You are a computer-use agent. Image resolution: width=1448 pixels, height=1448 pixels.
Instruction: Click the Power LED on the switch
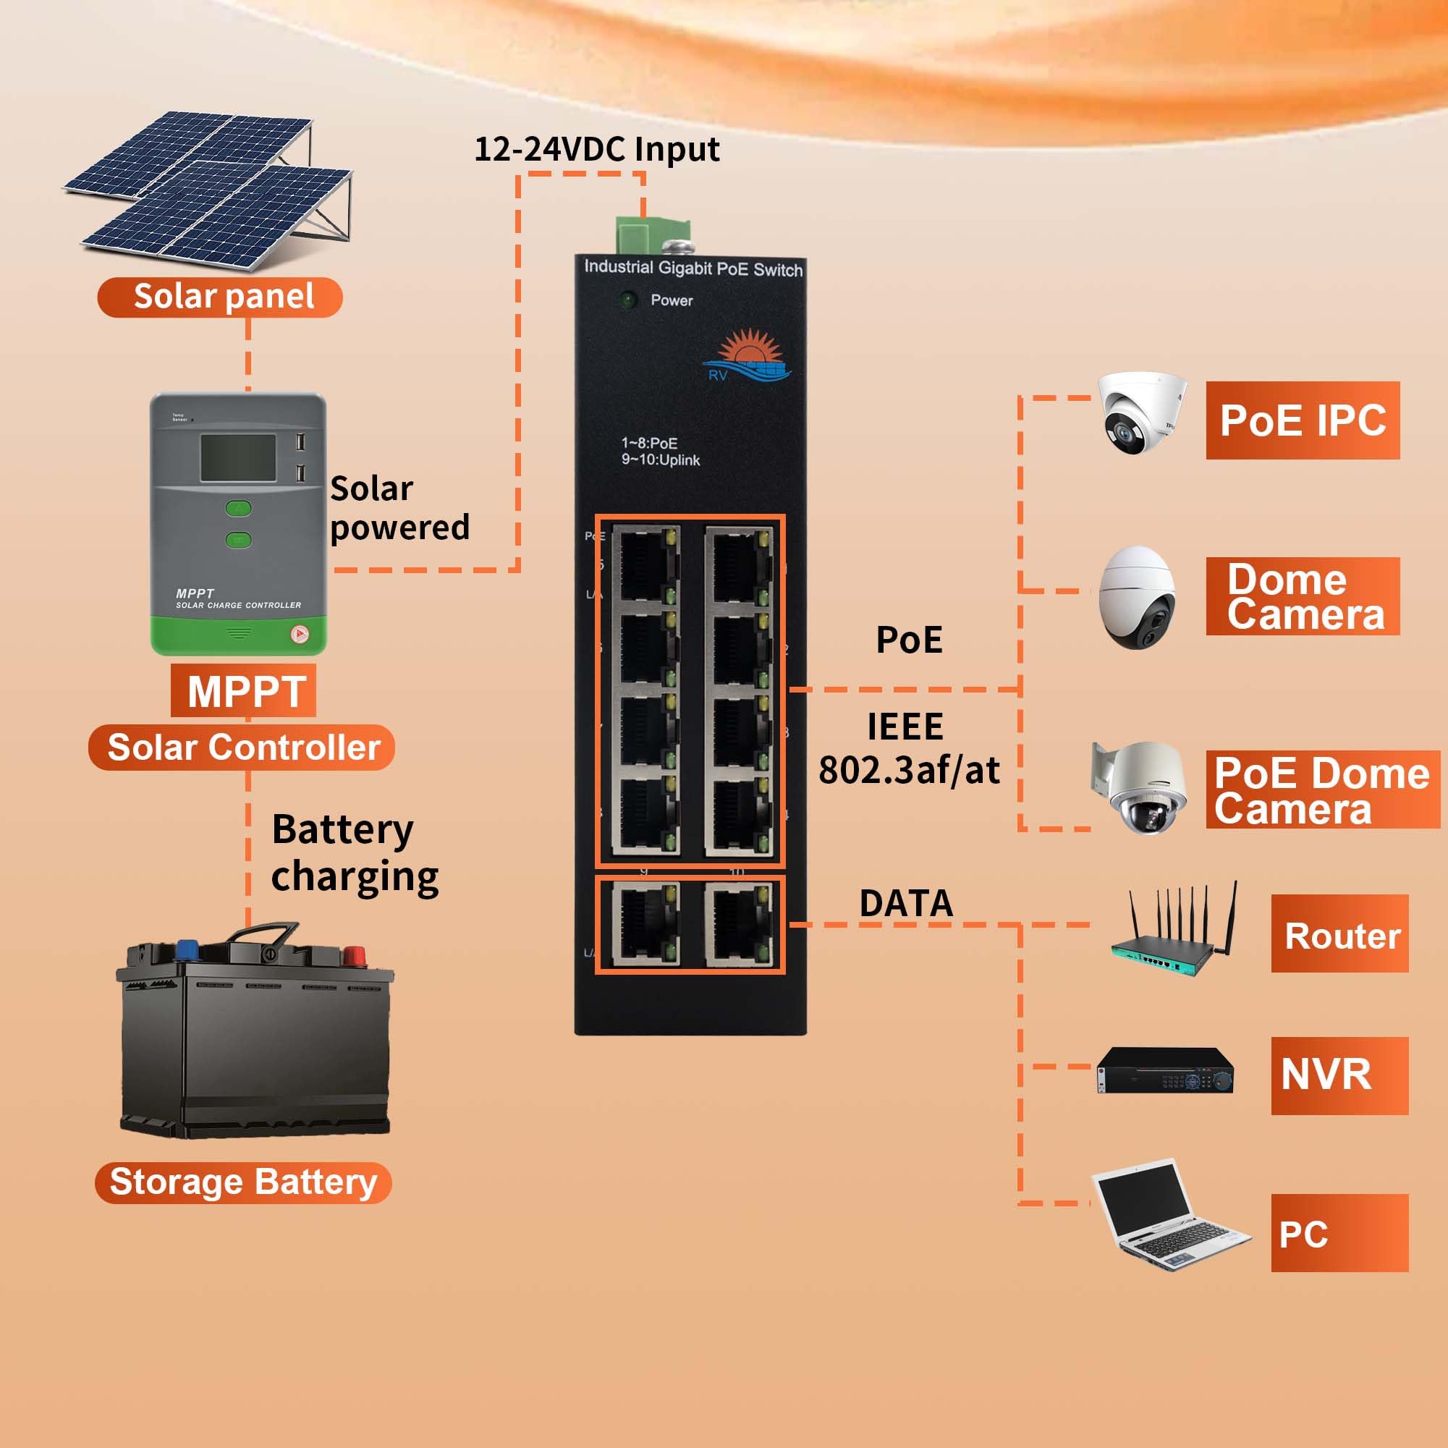(x=627, y=300)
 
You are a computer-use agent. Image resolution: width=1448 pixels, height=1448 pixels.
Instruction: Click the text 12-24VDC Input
(x=596, y=149)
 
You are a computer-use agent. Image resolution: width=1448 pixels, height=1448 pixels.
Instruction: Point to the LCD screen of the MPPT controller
(x=237, y=458)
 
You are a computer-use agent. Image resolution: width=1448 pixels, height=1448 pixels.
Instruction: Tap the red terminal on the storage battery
(x=353, y=956)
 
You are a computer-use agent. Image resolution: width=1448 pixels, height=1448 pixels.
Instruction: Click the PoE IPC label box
(x=1302, y=420)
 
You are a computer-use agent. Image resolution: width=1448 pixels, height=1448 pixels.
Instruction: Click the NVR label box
(x=1339, y=1075)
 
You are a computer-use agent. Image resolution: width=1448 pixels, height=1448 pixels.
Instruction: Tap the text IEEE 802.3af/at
(x=908, y=749)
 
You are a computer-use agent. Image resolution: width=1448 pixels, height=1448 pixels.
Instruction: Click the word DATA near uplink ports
(x=905, y=903)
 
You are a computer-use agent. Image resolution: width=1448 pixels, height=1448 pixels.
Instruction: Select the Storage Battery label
(x=243, y=1182)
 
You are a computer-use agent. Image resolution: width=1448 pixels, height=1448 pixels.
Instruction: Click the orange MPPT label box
(x=244, y=690)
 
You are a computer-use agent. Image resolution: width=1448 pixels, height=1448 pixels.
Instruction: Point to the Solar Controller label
(x=242, y=748)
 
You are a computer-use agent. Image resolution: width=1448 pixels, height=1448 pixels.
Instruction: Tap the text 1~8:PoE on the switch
(x=649, y=443)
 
